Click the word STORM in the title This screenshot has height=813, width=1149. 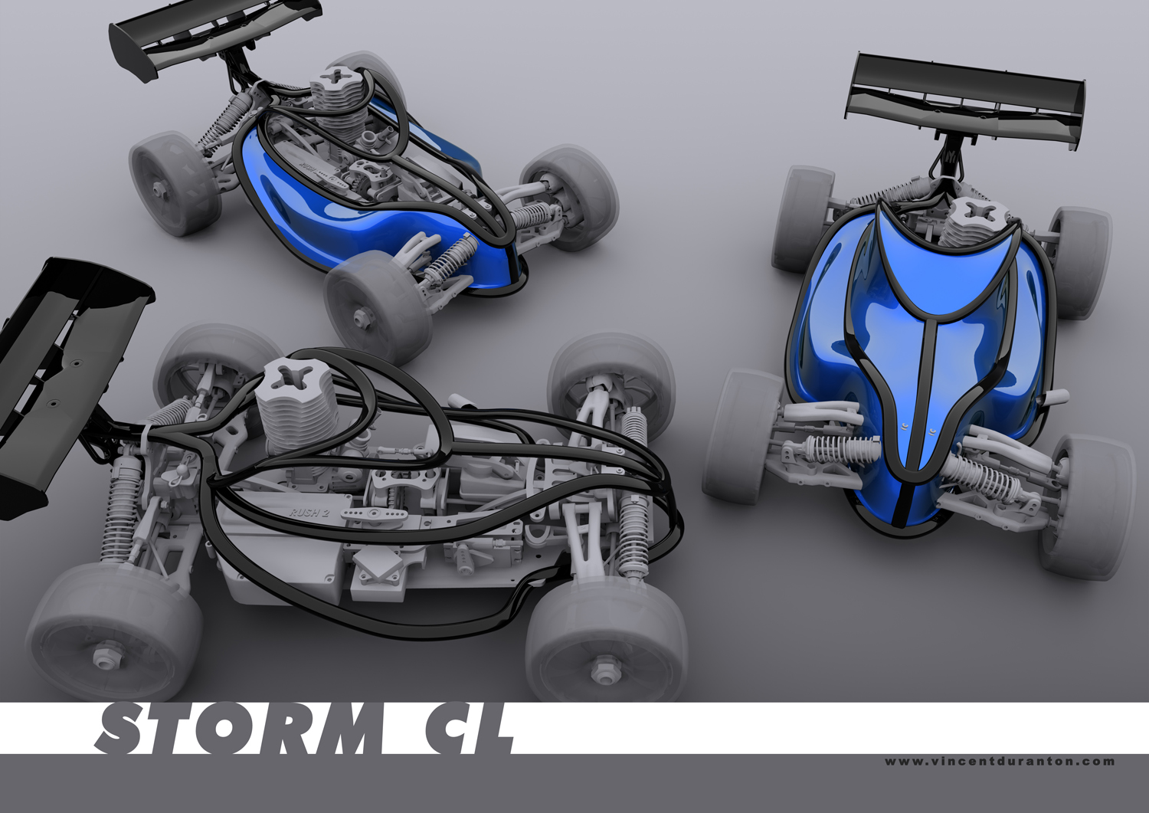click(241, 729)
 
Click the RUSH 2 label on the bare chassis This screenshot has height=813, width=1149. click(309, 512)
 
